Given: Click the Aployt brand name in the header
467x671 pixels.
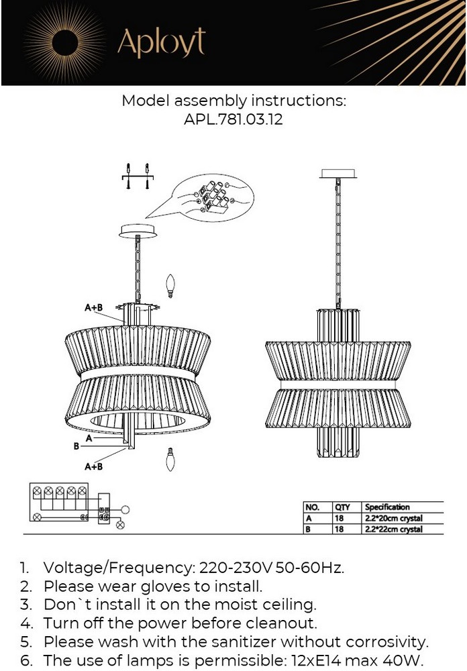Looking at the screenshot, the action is point(162,43).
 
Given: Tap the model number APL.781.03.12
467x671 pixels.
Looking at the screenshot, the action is point(234,119).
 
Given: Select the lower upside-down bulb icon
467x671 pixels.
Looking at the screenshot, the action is point(170,459).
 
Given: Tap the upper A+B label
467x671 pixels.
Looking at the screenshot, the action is point(94,307).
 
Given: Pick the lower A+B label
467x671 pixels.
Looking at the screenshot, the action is point(94,466).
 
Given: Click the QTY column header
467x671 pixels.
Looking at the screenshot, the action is point(342,507).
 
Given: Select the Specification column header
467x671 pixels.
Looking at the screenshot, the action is point(387,507).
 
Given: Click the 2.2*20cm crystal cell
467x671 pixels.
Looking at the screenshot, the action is point(394,518).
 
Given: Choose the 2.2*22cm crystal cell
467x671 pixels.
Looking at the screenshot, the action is point(394,529).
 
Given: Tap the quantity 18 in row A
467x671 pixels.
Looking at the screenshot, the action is point(339,518).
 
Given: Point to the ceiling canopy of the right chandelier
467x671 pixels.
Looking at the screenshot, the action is point(338,173).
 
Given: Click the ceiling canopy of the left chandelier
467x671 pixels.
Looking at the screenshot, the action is point(138,230).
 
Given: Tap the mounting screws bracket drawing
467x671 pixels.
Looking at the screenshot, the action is point(138,176).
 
